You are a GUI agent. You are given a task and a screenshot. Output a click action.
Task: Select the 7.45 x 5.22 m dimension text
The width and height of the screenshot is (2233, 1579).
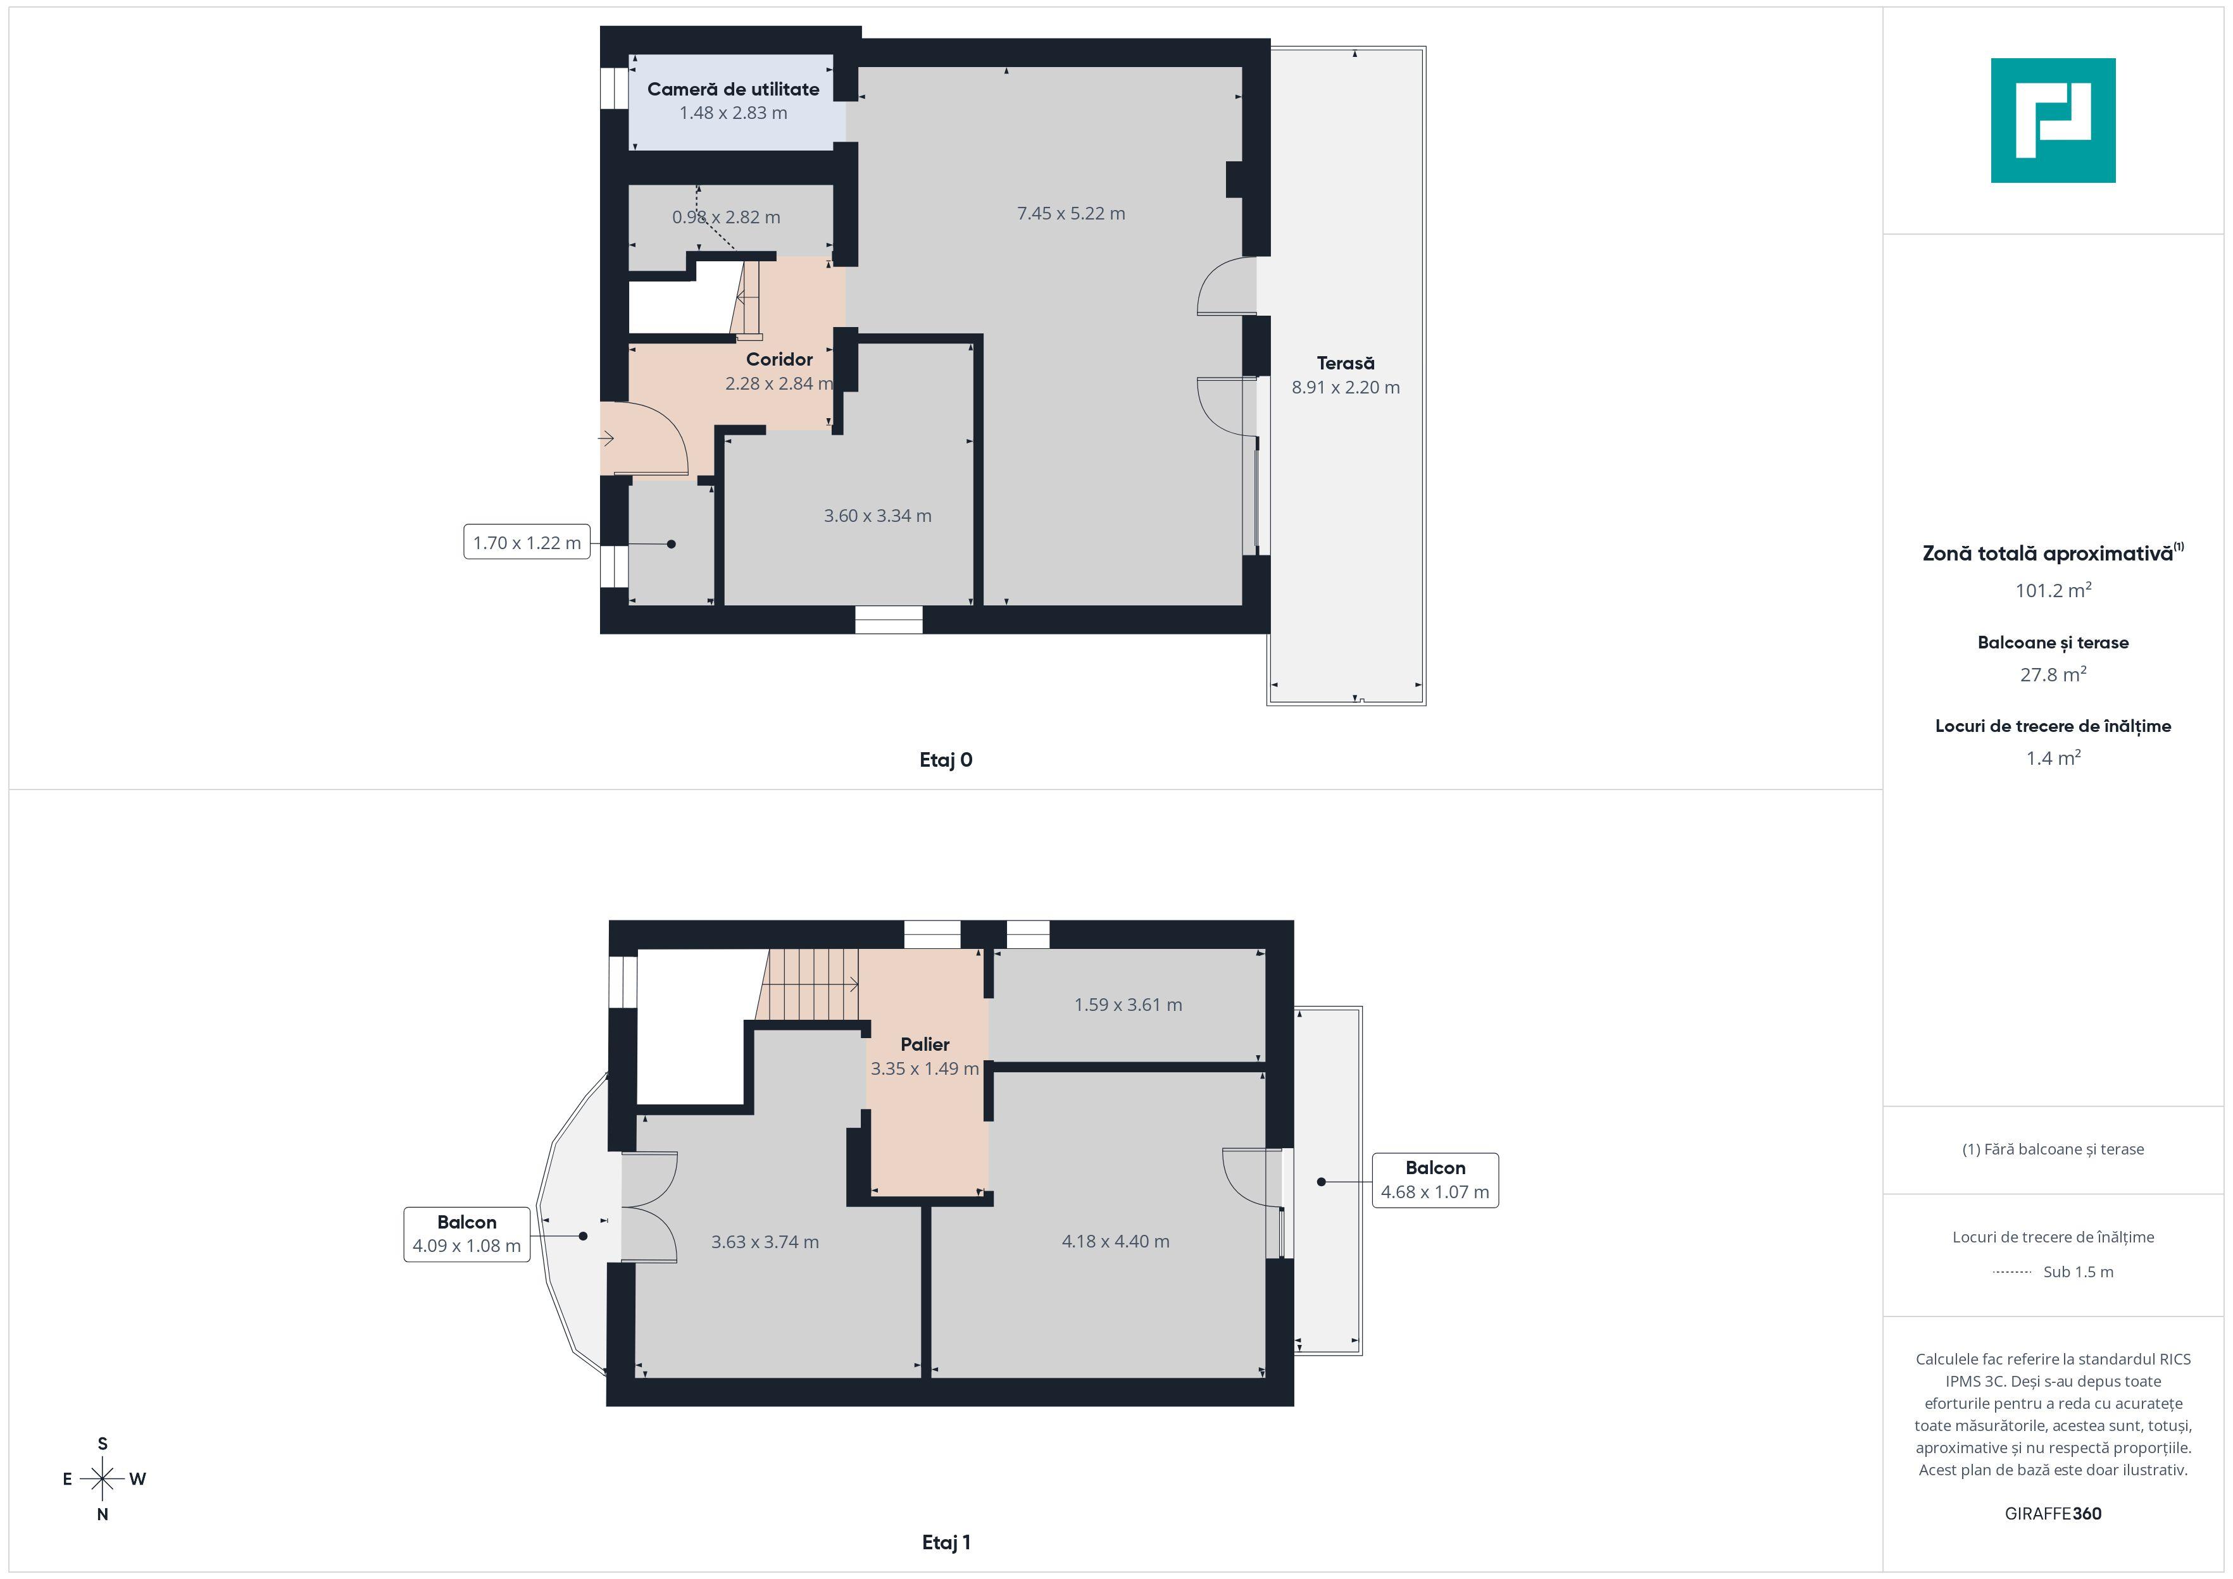(1071, 214)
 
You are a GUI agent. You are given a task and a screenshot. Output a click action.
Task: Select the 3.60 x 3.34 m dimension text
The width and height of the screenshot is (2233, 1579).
(877, 516)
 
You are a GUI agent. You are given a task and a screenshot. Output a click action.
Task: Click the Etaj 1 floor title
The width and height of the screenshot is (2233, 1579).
(946, 1542)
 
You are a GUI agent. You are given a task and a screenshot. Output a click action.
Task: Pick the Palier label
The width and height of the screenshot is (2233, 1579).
(924, 1044)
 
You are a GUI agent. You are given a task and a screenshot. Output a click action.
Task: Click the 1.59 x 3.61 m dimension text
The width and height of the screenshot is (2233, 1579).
(1127, 1005)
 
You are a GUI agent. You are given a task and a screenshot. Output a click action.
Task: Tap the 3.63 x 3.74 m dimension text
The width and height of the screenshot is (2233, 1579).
(765, 1242)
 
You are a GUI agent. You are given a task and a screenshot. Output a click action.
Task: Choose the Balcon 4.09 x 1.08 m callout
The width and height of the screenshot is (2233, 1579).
(467, 1234)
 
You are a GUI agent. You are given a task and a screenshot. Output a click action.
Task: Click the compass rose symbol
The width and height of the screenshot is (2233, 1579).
(102, 1479)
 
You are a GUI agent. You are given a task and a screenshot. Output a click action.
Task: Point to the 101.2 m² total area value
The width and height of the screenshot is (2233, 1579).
(2052, 590)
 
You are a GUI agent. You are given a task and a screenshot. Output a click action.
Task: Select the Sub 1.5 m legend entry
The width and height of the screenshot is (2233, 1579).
(2077, 1272)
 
